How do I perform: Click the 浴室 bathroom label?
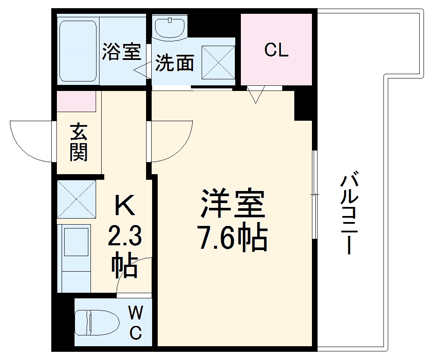pos(121,52)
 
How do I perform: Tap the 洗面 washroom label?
pos(174,63)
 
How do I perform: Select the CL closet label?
pos(276,50)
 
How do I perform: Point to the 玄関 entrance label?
pos(79,142)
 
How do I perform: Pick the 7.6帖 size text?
pos(233,238)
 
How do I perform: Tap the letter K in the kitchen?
pos(124,207)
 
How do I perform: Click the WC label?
pos(135,321)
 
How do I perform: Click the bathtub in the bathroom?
pos(78,50)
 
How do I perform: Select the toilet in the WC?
pos(97,321)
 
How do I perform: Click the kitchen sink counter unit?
pos(74,257)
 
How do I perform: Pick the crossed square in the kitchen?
pos(76,199)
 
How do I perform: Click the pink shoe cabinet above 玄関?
pos(76,102)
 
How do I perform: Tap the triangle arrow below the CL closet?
pos(256,94)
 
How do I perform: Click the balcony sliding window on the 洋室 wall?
pos(315,194)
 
